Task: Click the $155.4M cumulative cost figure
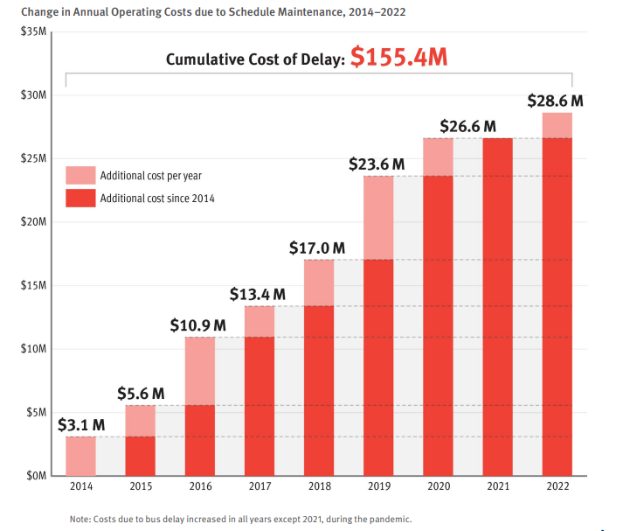pos(399,59)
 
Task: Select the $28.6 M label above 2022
pos(556,101)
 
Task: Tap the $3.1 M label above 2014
pos(81,425)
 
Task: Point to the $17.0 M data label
pos(318,248)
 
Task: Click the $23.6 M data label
pos(377,164)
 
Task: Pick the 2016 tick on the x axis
pos(200,486)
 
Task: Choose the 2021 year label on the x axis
pos(497,486)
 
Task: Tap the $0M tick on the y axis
pos(35,476)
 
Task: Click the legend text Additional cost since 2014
pos(157,199)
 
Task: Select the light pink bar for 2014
pos(81,455)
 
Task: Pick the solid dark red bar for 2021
pos(497,306)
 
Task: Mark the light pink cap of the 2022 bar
pos(557,125)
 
